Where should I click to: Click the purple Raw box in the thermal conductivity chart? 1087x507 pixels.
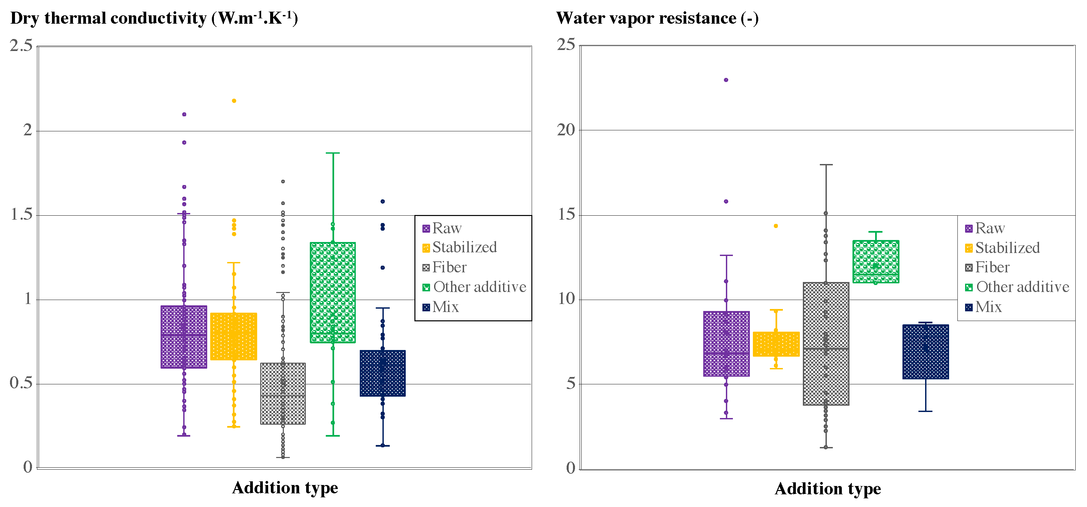point(184,337)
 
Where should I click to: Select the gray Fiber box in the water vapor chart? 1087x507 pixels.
point(826,344)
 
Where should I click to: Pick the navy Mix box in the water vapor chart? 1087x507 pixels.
point(925,352)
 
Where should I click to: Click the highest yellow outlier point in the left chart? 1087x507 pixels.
point(234,101)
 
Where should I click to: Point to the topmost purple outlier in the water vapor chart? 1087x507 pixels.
point(726,80)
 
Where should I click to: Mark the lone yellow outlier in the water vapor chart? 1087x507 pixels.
point(776,226)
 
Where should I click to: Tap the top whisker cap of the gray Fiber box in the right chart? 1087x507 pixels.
point(826,165)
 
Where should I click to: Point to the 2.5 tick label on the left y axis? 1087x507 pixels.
point(21,46)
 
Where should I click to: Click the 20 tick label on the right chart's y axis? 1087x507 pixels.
point(566,130)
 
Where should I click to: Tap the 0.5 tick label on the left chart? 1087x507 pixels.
point(21,383)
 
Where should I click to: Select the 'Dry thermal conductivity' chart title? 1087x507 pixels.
point(154,18)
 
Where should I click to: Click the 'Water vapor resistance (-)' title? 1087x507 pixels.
point(657,18)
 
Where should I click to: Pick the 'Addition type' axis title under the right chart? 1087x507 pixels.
point(827,488)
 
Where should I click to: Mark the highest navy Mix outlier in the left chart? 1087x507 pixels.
point(383,201)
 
